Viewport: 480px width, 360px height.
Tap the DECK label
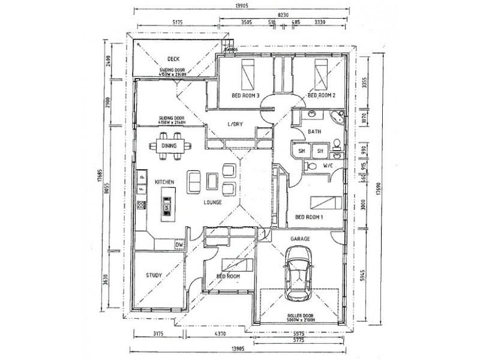pyautogui.click(x=174, y=59)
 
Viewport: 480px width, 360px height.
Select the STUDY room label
pyautogui.click(x=154, y=275)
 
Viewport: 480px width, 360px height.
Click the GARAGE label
pyautogui.click(x=300, y=238)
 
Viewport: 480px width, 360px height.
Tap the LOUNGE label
pyautogui.click(x=212, y=202)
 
